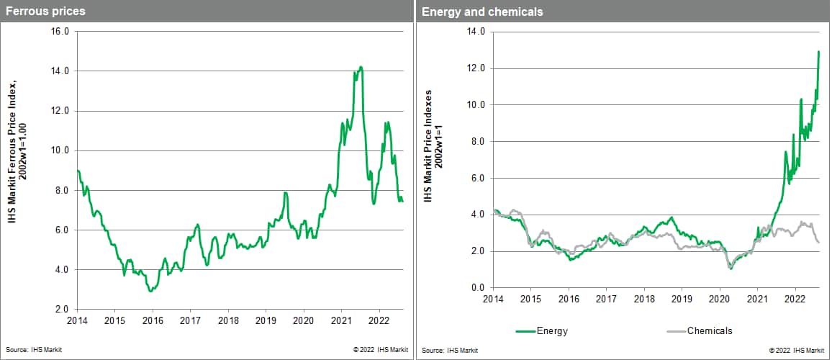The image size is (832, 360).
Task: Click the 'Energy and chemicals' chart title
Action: coord(482,12)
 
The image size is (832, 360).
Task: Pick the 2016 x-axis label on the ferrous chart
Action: coord(152,320)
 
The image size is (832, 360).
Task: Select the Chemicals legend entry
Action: coord(709,330)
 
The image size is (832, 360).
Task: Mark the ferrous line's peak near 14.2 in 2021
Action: coord(361,67)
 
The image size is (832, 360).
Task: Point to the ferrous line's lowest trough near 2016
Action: coord(150,291)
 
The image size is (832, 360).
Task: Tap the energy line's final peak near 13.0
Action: coord(819,51)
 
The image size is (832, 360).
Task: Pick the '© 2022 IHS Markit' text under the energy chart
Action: coord(796,350)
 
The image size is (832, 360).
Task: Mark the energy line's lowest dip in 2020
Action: coord(731,268)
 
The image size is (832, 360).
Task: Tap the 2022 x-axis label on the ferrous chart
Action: coord(379,320)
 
